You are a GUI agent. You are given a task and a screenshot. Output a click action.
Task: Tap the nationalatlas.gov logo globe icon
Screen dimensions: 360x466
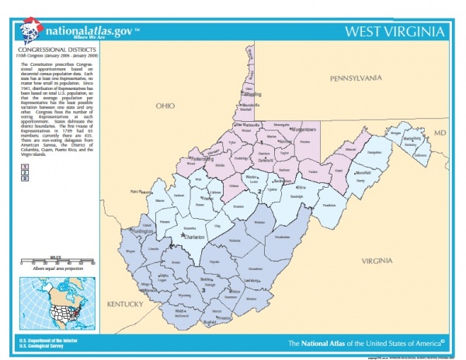click(31, 32)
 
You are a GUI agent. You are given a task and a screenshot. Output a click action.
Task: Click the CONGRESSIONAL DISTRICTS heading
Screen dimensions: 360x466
click(50, 52)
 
